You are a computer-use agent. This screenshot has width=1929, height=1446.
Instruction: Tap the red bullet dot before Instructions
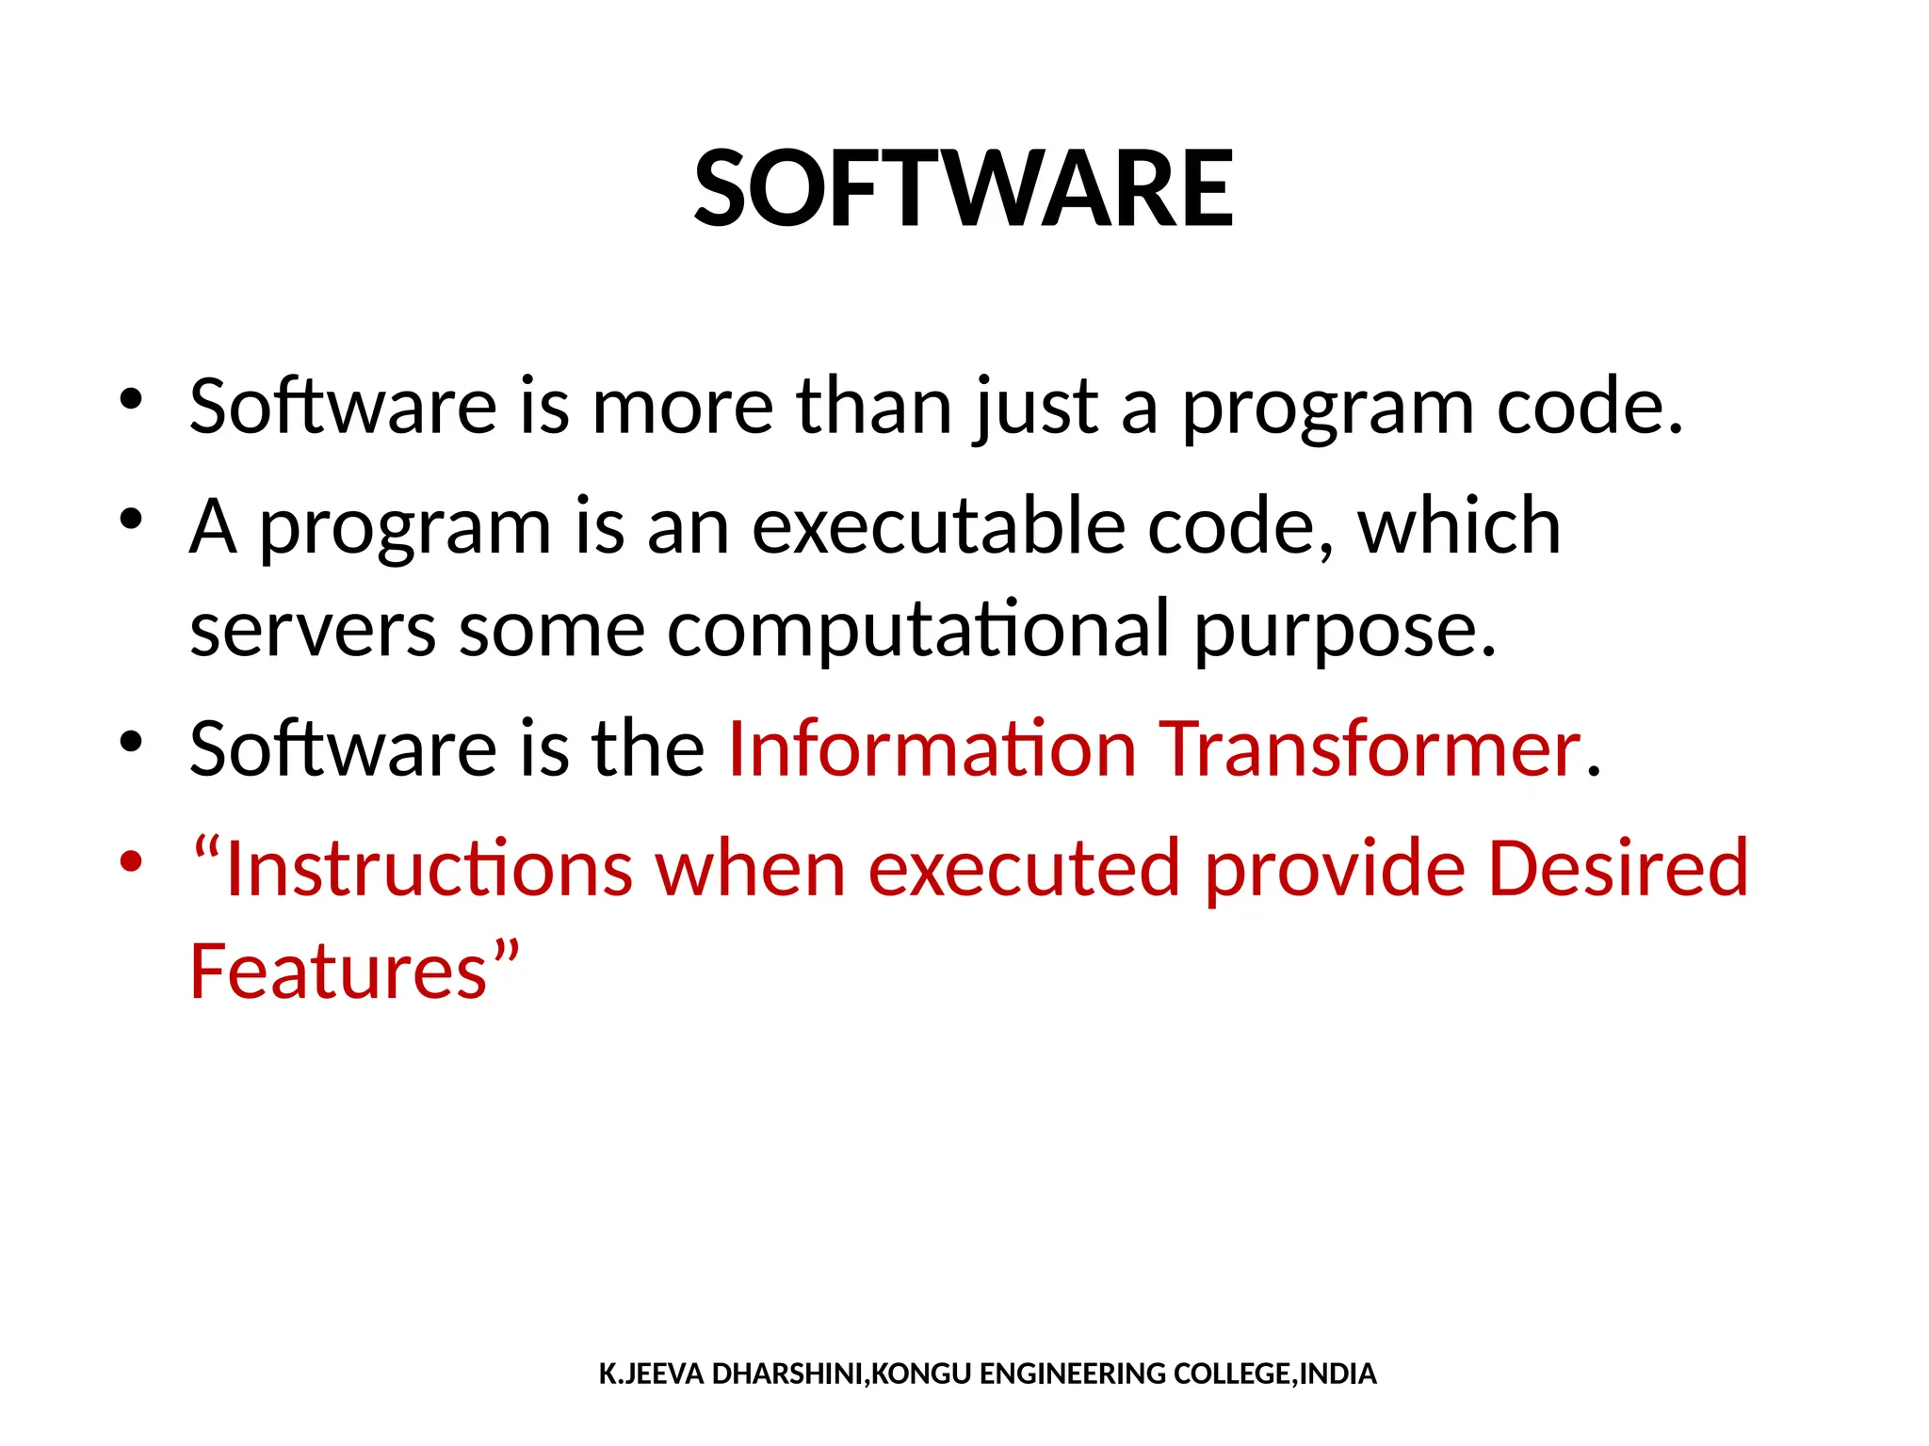pos(131,860)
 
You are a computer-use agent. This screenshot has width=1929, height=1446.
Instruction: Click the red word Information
pos(932,749)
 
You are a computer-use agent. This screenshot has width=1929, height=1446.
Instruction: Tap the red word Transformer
pos(1369,749)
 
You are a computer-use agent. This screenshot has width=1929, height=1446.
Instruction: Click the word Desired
pos(1617,868)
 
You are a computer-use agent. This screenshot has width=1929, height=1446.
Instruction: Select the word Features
pos(338,972)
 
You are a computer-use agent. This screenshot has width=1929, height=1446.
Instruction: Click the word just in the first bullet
pos(1035,407)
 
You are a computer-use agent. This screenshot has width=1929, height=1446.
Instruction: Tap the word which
pos(1459,527)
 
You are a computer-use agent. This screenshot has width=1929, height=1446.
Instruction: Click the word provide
pos(1335,868)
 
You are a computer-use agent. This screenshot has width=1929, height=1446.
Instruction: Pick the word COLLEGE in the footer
pos(1234,1374)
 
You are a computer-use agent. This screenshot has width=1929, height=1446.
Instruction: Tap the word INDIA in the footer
pos(1338,1374)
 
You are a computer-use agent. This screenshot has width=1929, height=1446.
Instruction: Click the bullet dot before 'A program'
pos(131,519)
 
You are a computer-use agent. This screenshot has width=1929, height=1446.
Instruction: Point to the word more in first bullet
pos(682,407)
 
